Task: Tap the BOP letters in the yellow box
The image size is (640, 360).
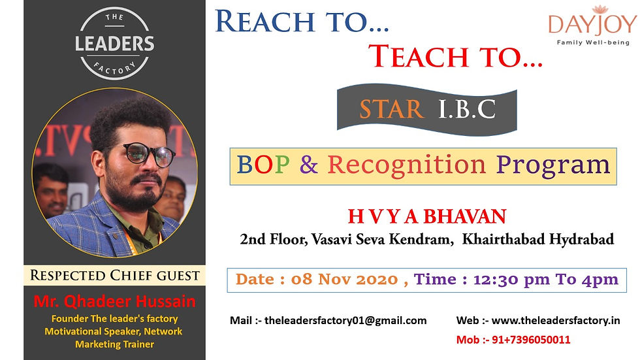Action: tap(263, 165)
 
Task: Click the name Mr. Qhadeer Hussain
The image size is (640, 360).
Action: tap(114, 302)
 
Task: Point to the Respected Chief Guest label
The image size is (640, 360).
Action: tap(114, 275)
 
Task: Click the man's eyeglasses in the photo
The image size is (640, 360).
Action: tap(146, 155)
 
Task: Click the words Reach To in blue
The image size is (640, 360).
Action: tap(301, 21)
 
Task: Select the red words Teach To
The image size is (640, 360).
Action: tap(455, 57)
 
